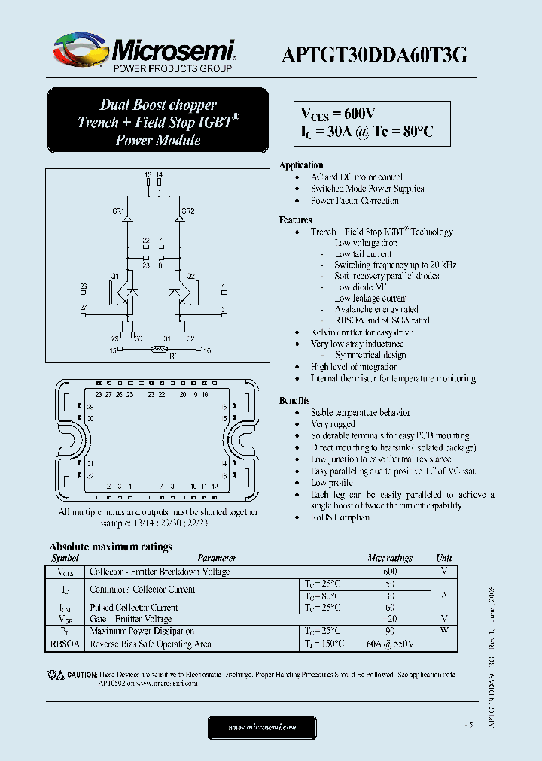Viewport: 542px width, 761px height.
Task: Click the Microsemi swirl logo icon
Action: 79,52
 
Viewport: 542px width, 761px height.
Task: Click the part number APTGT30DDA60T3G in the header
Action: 374,54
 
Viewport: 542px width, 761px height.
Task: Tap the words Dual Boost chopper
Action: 158,105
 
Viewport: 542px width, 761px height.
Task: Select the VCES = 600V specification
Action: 338,114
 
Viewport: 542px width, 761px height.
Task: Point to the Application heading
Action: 301,165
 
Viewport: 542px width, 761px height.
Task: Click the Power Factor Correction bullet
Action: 355,201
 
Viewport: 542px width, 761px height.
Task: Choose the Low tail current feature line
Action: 363,254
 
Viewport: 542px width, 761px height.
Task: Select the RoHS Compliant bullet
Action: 341,517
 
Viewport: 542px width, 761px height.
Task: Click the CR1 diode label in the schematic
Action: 118,211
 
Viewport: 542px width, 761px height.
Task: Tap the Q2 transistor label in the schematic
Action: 190,277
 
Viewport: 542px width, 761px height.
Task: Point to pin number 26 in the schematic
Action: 84,287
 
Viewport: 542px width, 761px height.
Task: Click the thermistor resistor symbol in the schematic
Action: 158,349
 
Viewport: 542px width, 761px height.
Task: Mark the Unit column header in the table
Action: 444,558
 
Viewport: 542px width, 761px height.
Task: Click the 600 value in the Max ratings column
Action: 390,572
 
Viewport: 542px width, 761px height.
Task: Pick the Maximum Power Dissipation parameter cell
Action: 142,632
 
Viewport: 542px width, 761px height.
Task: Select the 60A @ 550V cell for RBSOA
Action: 390,644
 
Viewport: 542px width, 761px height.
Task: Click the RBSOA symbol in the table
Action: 65,644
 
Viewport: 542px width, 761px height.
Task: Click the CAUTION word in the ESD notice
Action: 81,675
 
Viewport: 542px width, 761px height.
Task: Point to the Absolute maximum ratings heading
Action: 111,547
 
